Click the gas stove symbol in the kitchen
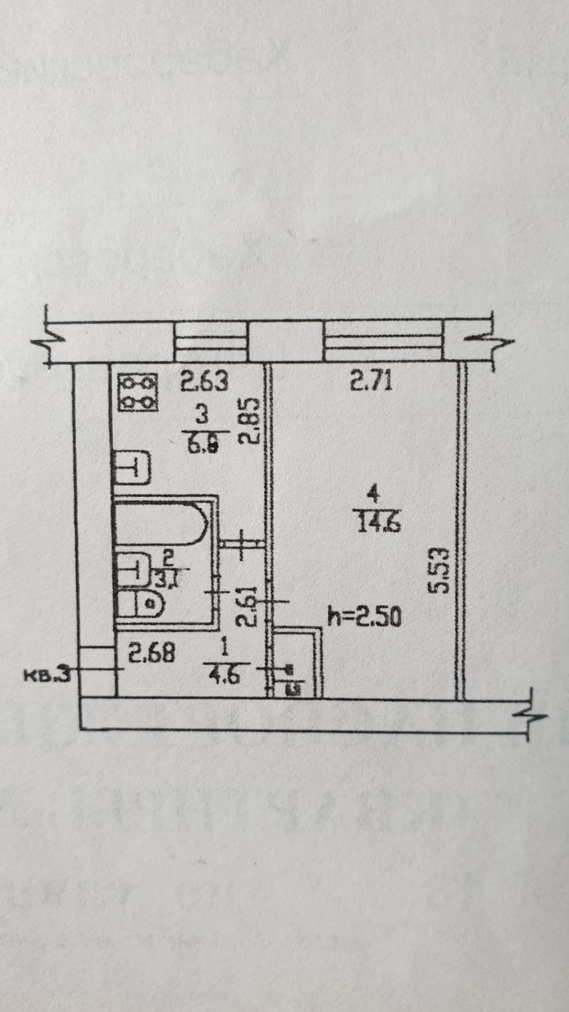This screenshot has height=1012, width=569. [138, 393]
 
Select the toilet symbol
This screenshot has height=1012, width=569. [142, 603]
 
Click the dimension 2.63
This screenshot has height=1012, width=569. [204, 382]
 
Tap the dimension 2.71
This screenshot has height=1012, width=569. [371, 381]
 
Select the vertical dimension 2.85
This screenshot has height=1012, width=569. [252, 421]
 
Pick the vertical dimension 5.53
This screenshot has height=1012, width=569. [438, 570]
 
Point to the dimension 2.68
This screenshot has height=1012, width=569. [152, 653]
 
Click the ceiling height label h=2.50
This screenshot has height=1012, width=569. [364, 616]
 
